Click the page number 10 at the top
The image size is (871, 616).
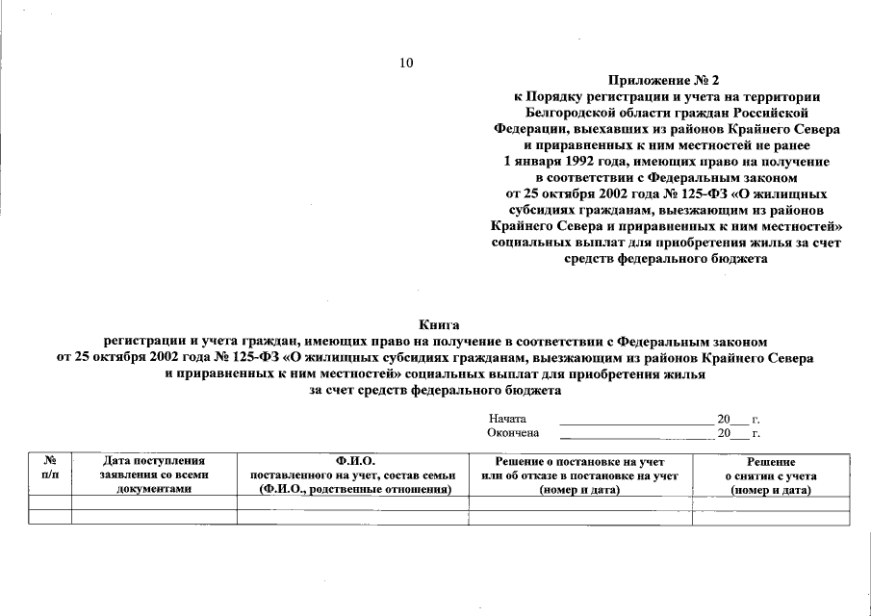tap(405, 64)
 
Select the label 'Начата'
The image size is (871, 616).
tap(507, 420)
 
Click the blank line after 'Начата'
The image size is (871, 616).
tap(634, 421)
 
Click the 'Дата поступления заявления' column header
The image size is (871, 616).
tap(154, 475)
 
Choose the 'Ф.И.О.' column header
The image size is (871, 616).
tap(353, 475)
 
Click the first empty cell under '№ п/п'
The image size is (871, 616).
tap(50, 501)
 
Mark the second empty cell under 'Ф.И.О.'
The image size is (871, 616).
tap(353, 517)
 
